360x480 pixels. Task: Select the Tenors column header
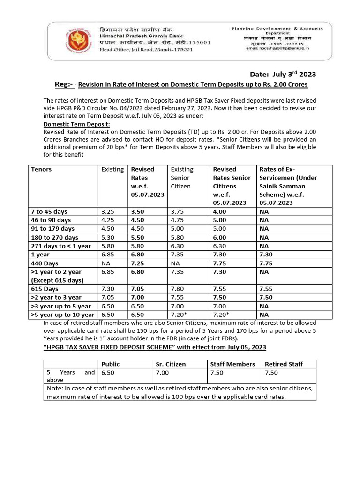[x=41, y=169]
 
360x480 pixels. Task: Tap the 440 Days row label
[x=45, y=263]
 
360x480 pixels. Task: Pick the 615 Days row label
[x=45, y=289]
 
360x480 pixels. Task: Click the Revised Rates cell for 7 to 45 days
[x=137, y=211]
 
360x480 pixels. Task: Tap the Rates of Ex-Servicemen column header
[x=288, y=186]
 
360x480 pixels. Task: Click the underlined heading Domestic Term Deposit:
[x=77, y=124]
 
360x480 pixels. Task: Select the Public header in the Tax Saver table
[x=111, y=364]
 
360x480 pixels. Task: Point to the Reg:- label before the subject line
[x=64, y=84]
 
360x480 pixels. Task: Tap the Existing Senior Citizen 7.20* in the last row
[x=180, y=315]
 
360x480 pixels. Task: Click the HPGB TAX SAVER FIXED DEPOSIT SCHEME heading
[x=155, y=347]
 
